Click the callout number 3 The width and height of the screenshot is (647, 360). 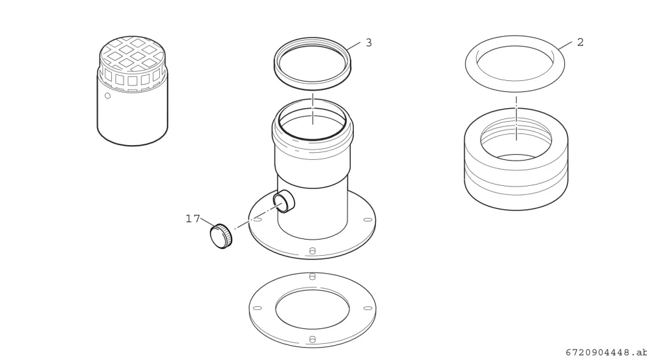point(369,43)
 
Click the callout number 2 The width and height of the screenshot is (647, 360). point(580,42)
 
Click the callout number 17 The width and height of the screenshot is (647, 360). point(193,218)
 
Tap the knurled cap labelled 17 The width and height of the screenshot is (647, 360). point(221,236)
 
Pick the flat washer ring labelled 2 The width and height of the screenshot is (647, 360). point(514,86)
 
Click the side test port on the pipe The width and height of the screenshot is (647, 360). point(284,201)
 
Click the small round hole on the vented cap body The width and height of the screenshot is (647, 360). point(107,96)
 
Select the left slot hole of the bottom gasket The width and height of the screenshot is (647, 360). point(257,308)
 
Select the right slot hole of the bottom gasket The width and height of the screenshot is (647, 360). point(367,308)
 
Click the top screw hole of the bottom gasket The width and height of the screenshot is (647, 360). point(313,276)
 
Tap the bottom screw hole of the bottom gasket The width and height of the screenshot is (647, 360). point(313,339)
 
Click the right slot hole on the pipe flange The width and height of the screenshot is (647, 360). point(367,220)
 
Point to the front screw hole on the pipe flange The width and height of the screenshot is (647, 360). point(313,251)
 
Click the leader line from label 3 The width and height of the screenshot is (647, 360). point(353,46)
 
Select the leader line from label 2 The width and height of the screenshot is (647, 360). point(565,45)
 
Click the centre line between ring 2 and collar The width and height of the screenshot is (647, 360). point(516,118)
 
